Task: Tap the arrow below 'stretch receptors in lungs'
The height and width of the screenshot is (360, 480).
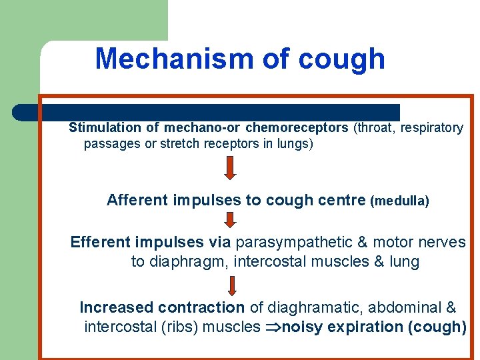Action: tap(229, 168)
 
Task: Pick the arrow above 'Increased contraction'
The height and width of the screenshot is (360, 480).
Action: tap(232, 285)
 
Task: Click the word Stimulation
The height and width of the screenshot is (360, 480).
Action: tap(105, 127)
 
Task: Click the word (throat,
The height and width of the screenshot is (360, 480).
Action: tap(375, 127)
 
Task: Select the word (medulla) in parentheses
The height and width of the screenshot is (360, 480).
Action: tap(399, 201)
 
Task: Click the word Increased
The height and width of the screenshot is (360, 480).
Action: tap(117, 308)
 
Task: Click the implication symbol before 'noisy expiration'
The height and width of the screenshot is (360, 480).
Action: tap(273, 327)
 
